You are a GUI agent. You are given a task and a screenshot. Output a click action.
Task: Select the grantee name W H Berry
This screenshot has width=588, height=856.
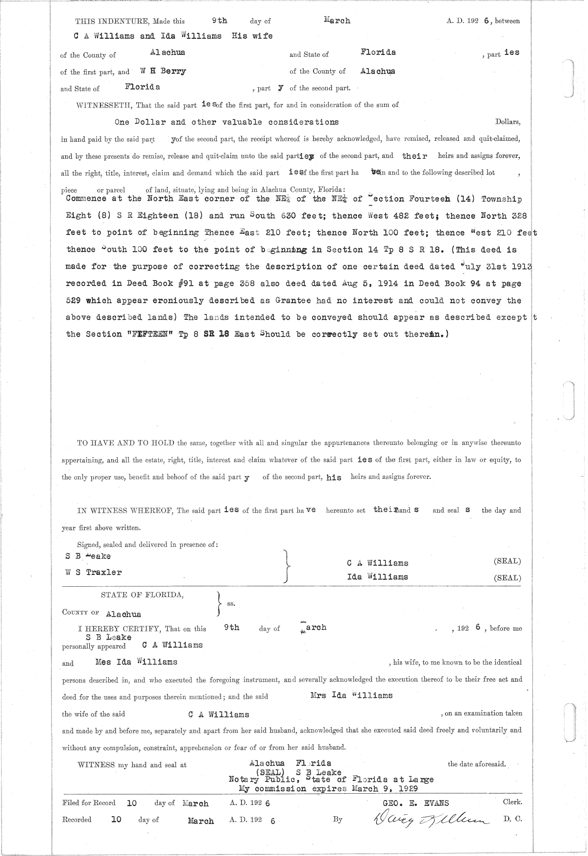(163, 71)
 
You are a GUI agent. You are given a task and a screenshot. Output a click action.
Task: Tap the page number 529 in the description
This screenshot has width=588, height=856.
(73, 300)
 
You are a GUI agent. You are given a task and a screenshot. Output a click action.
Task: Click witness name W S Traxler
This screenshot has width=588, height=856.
(94, 572)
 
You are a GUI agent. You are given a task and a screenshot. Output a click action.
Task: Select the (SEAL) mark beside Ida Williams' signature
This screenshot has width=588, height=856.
(507, 578)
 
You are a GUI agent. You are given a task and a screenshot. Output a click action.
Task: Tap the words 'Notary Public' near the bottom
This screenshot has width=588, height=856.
(261, 779)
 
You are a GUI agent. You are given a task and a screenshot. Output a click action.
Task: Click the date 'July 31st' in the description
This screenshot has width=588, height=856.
(485, 266)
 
